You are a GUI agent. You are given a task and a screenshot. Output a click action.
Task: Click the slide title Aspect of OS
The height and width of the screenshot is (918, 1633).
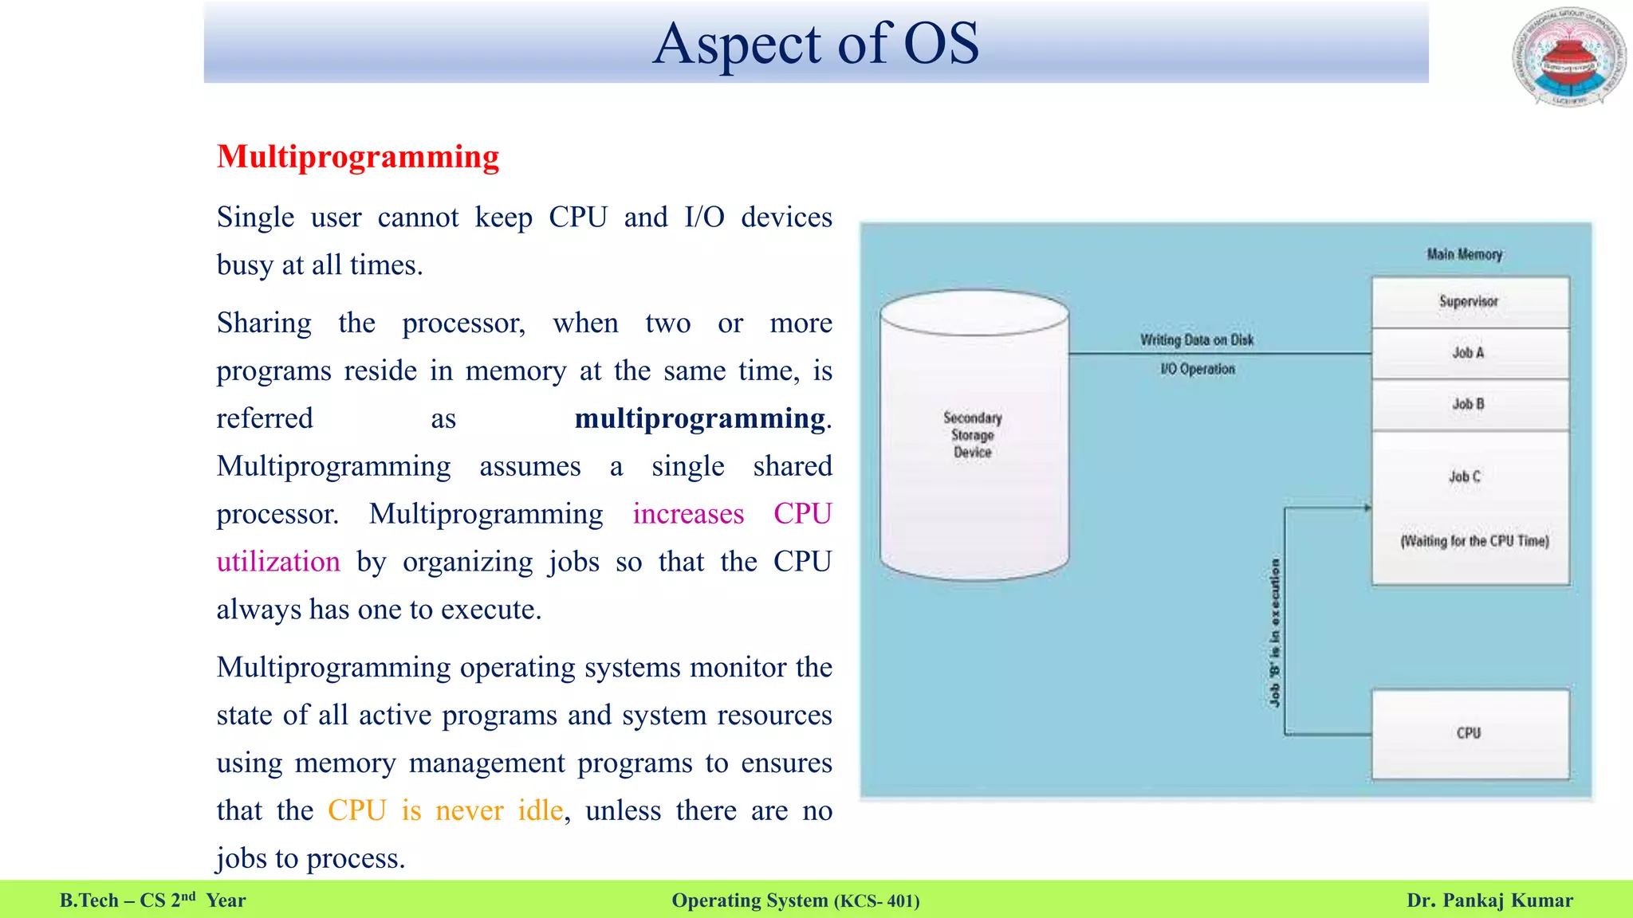(816, 44)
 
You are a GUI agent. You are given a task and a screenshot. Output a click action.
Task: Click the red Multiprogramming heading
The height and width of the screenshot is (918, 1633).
(358, 157)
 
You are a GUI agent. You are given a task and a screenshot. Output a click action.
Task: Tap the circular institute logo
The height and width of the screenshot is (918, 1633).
(1568, 57)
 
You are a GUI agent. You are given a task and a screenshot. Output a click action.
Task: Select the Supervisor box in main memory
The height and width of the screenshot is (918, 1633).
(1470, 302)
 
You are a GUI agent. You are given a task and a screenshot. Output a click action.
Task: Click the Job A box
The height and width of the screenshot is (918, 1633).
(1470, 353)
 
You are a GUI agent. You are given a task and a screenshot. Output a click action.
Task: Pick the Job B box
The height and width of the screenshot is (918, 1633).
(1470, 405)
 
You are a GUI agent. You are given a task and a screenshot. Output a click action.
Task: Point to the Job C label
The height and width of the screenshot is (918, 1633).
(1465, 477)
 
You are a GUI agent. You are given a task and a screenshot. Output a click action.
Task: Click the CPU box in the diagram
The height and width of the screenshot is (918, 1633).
(1470, 733)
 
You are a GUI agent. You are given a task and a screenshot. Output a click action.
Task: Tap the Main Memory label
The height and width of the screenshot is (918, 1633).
(1465, 254)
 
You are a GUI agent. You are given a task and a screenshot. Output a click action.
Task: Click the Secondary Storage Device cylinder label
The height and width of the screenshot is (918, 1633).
(973, 435)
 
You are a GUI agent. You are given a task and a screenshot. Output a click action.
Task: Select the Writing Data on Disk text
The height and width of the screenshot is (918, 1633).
(1197, 340)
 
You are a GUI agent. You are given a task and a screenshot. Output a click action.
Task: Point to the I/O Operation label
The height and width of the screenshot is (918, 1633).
(1197, 369)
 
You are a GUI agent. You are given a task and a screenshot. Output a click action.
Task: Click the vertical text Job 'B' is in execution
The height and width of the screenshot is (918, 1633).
(1275, 633)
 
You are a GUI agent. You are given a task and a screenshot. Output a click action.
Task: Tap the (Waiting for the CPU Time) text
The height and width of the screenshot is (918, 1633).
(1474, 541)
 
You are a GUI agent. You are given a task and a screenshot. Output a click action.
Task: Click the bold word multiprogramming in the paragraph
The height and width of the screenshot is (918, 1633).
(699, 419)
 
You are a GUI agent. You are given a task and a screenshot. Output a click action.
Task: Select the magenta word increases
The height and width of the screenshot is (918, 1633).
(688, 515)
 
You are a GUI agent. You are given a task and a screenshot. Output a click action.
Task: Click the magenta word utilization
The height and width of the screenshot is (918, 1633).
(278, 563)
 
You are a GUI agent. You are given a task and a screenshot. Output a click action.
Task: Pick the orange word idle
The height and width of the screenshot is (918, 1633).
(540, 811)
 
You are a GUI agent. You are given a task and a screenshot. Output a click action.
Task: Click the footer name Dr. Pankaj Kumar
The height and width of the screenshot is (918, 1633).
(1489, 900)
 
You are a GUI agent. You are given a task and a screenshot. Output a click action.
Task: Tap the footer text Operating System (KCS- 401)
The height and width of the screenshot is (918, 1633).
(796, 900)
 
